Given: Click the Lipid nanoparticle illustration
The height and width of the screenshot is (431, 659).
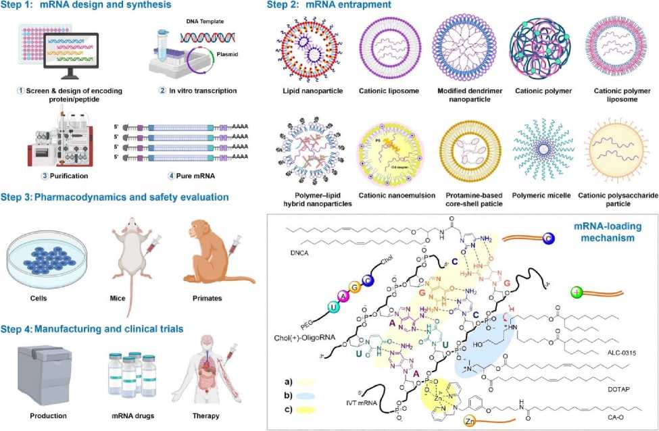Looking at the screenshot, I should pyautogui.click(x=304, y=52).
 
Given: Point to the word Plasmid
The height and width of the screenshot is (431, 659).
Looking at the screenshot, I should pyautogui.click(x=237, y=59).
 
